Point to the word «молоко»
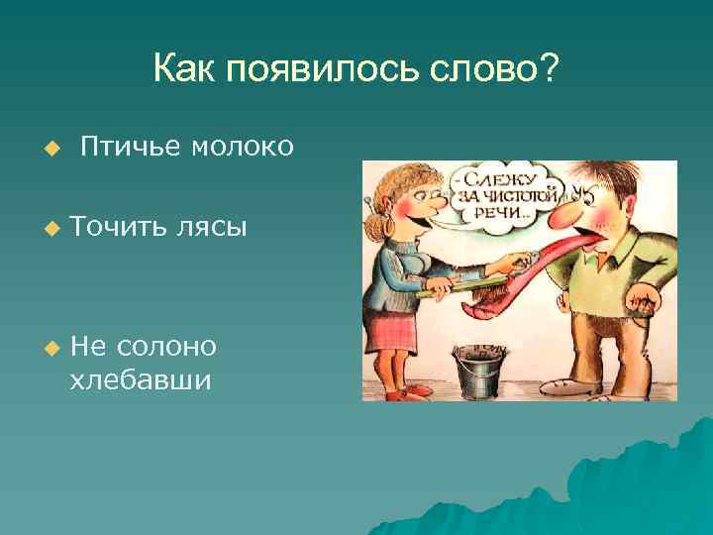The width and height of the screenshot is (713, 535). [242, 147]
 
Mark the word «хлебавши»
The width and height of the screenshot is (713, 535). [141, 379]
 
